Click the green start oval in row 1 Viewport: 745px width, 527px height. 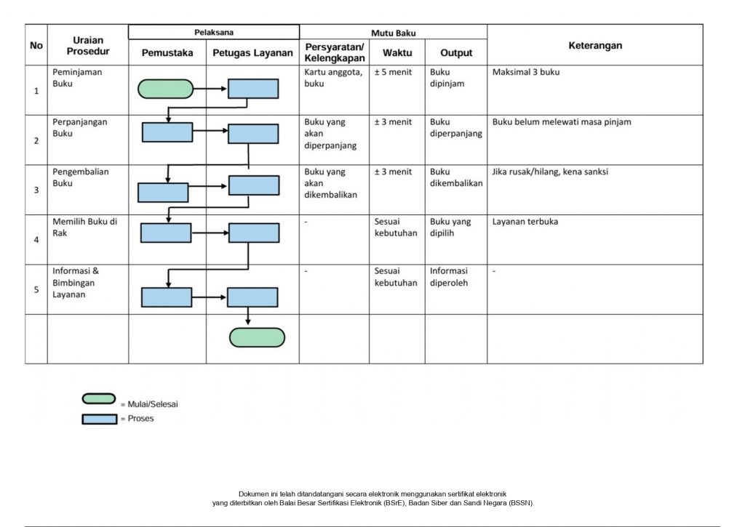[x=165, y=89]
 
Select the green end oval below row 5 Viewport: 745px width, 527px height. [x=257, y=337]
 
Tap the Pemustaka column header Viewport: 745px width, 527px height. [x=167, y=52]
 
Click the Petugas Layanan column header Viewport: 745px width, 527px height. [x=252, y=52]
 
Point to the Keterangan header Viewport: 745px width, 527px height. [x=595, y=46]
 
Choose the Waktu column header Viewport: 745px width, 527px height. [x=397, y=52]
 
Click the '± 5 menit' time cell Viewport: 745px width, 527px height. [x=393, y=72]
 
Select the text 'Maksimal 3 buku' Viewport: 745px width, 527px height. [x=526, y=72]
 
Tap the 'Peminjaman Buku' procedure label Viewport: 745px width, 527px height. [x=77, y=78]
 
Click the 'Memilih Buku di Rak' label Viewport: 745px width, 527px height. [x=84, y=227]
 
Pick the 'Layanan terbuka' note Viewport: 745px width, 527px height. [x=525, y=222]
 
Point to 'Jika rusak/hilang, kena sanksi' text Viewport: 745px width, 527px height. [x=550, y=172]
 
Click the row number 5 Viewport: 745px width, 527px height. [x=36, y=289]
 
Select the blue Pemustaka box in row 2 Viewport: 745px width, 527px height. [x=167, y=132]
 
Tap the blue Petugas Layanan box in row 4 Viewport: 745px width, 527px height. [x=254, y=233]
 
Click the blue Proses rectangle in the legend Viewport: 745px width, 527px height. [x=99, y=419]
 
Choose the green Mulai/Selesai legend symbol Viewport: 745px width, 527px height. [x=99, y=399]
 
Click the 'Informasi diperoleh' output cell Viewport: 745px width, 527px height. [x=449, y=277]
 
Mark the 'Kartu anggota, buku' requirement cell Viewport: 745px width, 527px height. [x=333, y=78]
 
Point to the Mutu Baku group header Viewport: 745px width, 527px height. [x=394, y=33]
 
